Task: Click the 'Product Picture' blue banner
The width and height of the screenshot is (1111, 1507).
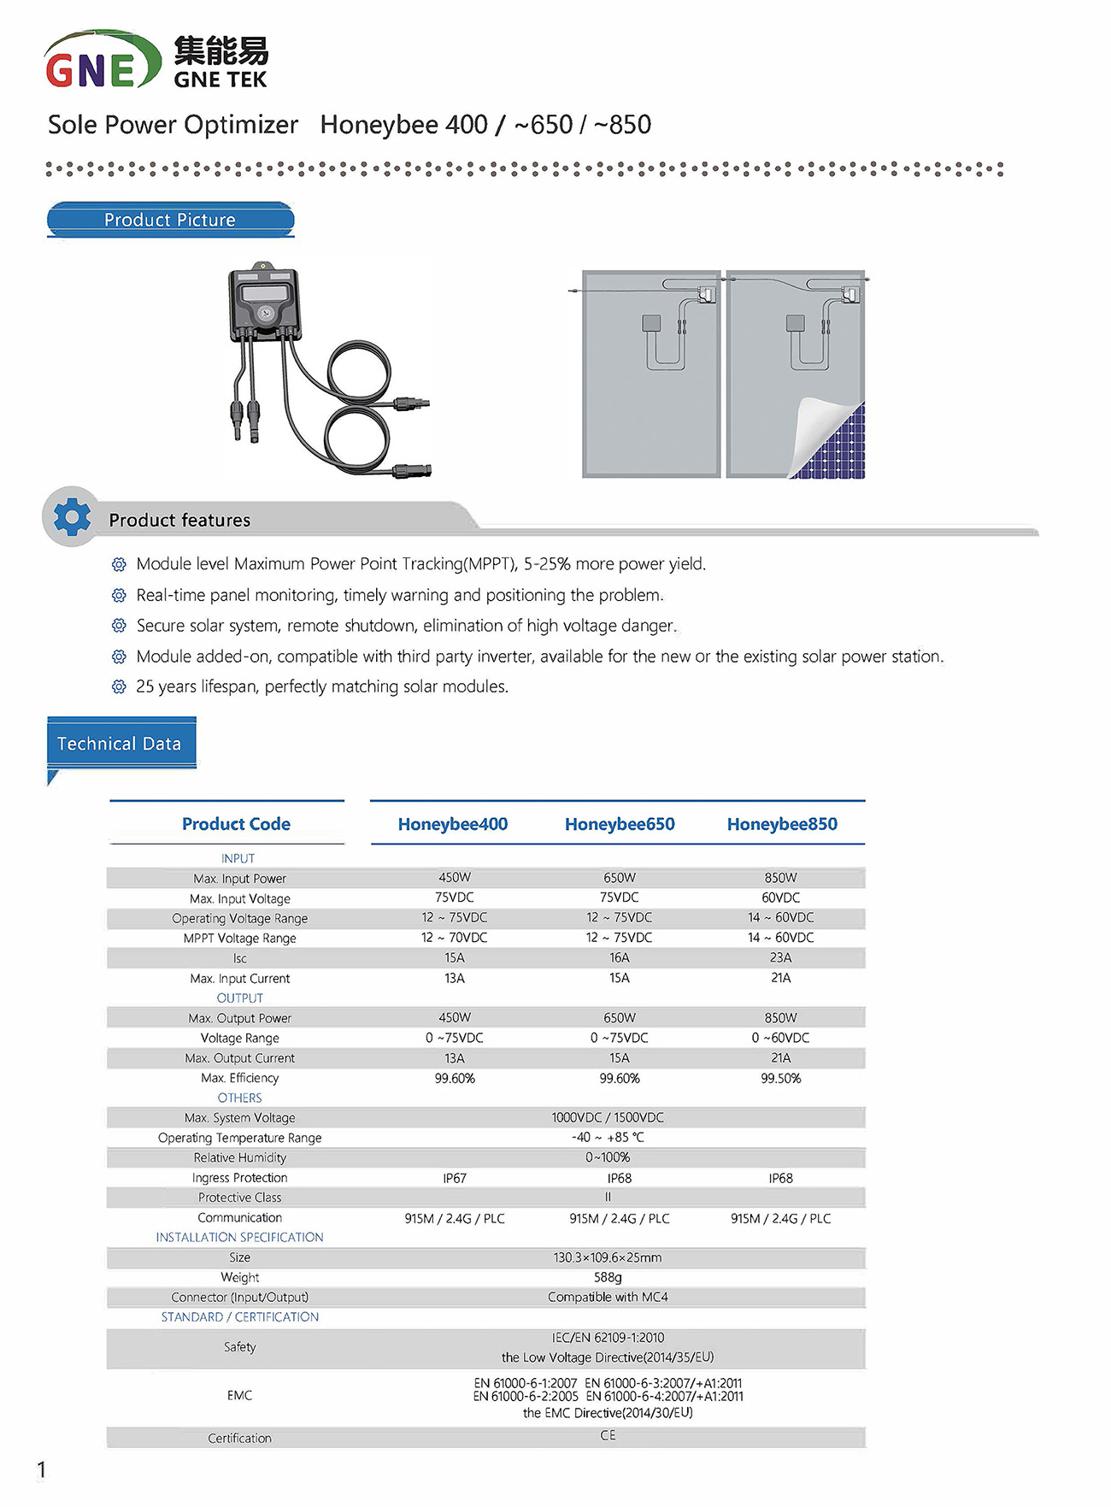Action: (170, 220)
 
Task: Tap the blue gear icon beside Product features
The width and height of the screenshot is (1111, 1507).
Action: (72, 517)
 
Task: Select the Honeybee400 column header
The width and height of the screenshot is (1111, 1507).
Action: (452, 824)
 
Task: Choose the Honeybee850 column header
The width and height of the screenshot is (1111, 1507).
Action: (781, 824)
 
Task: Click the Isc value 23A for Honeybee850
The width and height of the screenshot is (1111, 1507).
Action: (780, 957)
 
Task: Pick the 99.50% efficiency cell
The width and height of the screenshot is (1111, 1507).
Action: (780, 1078)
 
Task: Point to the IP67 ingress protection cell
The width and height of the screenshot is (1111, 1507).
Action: (455, 1178)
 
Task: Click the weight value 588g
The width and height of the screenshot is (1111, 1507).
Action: (608, 1277)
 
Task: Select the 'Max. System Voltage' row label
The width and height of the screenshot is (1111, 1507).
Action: (239, 1118)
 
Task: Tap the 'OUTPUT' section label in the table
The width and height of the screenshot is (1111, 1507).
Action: (239, 998)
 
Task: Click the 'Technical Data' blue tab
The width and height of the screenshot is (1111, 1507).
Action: (120, 744)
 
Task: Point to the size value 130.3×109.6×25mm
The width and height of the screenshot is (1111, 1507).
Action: (608, 1257)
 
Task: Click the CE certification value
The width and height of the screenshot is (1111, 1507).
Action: (608, 1435)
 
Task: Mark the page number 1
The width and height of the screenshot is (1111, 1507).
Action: (41, 1469)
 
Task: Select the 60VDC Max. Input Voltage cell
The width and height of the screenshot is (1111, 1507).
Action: (780, 898)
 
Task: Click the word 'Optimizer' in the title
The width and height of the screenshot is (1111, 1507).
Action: (240, 125)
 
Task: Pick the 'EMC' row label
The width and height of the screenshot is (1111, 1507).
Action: (239, 1395)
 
